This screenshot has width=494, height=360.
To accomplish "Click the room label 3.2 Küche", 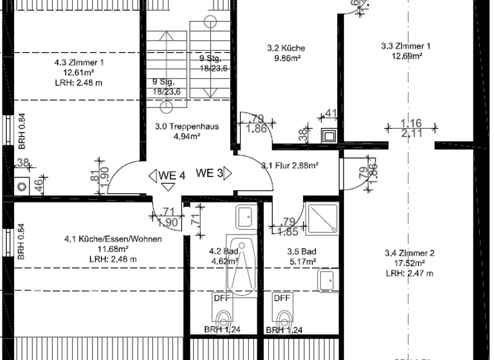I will pos(286,48).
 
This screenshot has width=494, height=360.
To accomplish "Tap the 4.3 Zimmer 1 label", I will pos(78,63).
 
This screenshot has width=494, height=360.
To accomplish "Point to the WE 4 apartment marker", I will pos(168,174).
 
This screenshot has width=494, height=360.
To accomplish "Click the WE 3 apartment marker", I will pos(210,173).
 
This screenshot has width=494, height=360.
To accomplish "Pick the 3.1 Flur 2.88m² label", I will pos(290,166).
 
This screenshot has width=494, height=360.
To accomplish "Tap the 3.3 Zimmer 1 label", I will pos(405,46).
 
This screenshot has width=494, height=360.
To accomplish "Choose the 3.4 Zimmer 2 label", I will pos(409,253).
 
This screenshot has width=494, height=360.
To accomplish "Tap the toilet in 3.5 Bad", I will pos(283,317).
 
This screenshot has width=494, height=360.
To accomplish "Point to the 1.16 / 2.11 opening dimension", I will pos(411,128).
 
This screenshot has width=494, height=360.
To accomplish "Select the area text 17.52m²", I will pos(409,264).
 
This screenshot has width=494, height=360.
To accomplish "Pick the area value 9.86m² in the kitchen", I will pos(286,58).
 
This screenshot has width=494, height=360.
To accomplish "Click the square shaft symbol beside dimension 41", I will pos(329,136).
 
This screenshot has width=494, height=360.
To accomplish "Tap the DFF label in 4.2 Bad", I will pos(220,298).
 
